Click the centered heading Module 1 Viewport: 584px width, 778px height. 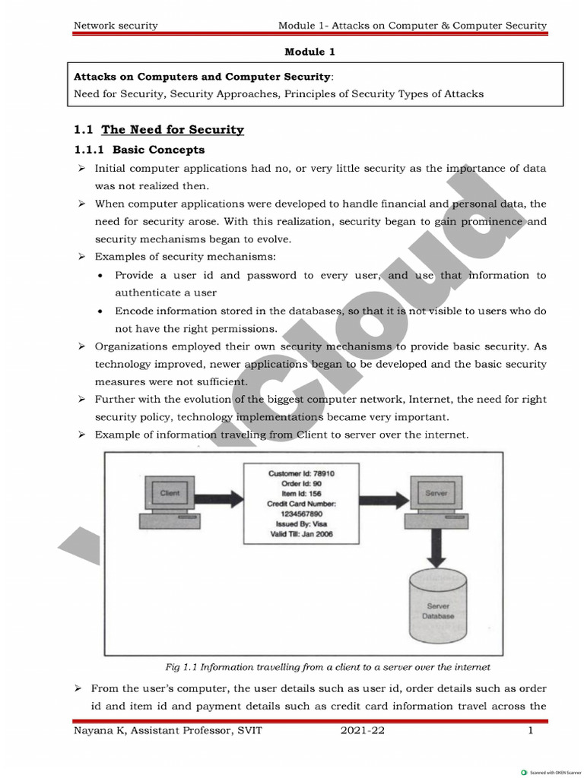tap(309, 52)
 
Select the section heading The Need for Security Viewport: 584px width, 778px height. tap(173, 129)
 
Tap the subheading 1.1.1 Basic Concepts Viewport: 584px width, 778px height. tap(138, 150)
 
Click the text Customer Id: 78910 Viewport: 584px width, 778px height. tap(301, 473)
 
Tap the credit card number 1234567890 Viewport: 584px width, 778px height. tap(300, 514)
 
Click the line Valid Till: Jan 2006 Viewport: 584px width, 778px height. tap(300, 534)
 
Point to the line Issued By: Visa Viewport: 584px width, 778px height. tap(300, 524)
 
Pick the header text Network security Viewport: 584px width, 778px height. tap(116, 25)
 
